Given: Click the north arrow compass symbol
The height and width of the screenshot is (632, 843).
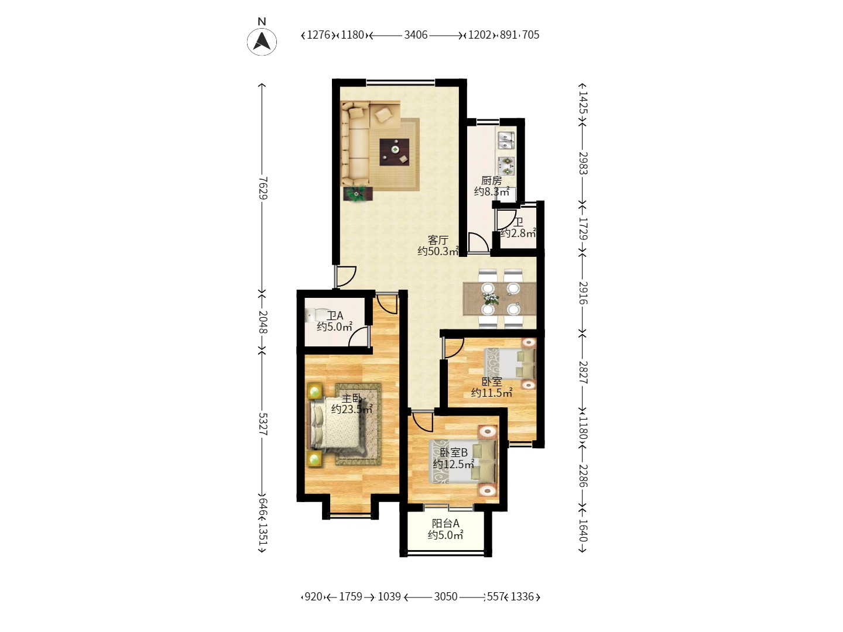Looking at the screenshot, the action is coord(262,42).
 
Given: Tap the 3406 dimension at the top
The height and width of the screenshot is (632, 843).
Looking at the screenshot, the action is coord(416,35).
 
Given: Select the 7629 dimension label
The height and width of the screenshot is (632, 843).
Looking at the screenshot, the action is coord(262,188).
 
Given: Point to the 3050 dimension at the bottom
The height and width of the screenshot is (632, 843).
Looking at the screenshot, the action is coord(446,597).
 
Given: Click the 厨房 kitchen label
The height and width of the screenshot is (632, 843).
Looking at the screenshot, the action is coord(491,180).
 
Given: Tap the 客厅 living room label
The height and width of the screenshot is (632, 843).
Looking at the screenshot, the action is coord(438,240).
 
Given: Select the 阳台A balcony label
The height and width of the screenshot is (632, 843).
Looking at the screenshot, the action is coord(446,523).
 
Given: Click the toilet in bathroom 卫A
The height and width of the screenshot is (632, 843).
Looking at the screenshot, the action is coord(313,315).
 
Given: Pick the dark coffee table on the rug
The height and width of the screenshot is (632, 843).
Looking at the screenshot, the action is coord(394,152).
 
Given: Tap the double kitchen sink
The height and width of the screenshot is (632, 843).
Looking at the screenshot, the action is coord(506,140).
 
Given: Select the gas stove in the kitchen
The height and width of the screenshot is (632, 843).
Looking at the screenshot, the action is coord(506,166).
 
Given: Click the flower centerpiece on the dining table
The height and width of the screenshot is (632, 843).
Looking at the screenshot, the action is coord(490,298).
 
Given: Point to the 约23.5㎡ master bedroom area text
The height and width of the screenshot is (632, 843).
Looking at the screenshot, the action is coord(352,410).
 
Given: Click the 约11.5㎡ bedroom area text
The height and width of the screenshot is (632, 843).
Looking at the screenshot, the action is coord(492,393).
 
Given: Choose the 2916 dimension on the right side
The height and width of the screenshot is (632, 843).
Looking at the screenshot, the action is coord(583,293).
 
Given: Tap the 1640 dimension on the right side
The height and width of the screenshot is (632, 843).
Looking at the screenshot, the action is coord(583,530).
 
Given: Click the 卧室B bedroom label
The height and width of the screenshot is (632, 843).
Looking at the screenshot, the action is coord(454,453).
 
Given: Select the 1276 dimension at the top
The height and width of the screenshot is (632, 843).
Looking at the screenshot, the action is coord(318,35).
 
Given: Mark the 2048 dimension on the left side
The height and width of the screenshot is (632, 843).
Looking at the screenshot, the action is coord(262,322).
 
